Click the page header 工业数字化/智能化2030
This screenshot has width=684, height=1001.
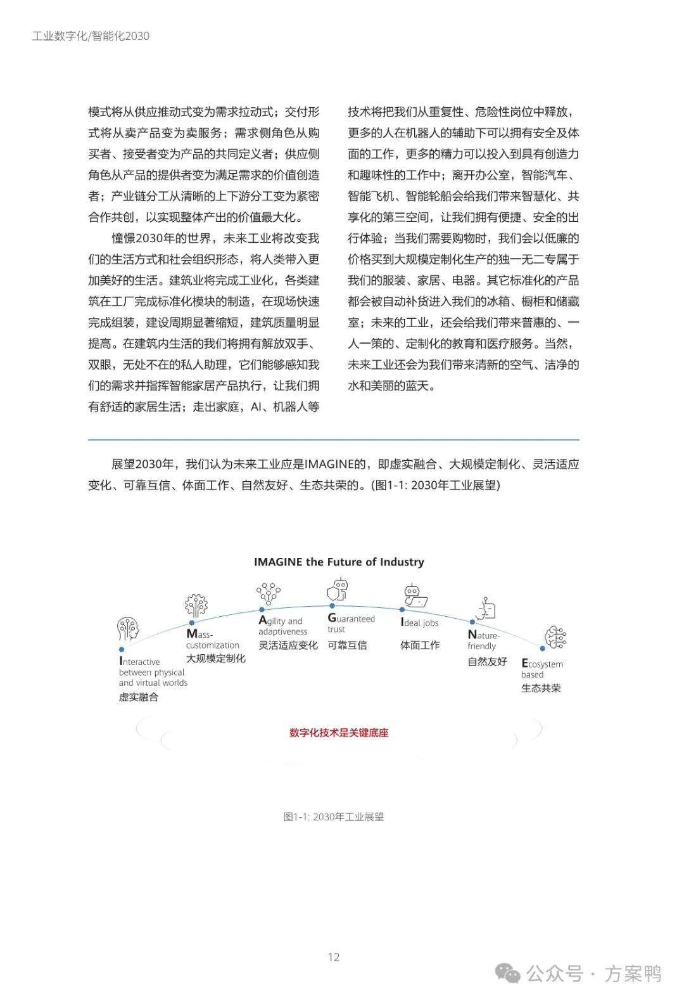(91, 36)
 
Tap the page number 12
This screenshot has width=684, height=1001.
(334, 957)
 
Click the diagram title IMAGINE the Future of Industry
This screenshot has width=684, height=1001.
(339, 562)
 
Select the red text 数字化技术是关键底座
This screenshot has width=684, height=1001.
(339, 733)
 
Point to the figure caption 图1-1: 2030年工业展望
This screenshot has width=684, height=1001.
(334, 817)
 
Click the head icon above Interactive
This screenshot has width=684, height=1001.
(127, 630)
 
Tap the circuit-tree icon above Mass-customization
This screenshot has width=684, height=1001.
(196, 605)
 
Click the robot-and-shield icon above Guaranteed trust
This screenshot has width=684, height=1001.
(338, 590)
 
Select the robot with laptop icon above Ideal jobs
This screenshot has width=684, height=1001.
(415, 596)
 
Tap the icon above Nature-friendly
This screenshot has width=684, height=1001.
(486, 609)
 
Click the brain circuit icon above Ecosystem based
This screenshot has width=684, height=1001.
(555, 637)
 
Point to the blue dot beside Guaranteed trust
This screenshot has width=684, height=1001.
(332, 606)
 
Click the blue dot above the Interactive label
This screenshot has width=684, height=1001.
(122, 649)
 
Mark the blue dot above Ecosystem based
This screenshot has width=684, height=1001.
(543, 649)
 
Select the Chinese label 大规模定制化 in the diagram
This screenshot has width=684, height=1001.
(215, 658)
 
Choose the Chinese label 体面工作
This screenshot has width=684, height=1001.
(419, 645)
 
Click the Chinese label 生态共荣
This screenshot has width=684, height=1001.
(541, 688)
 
